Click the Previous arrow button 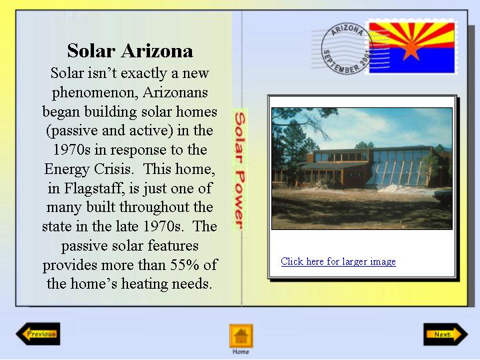pos(38,334)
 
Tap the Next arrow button pos(446,334)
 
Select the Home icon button pos(241,336)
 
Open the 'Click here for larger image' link pos(338,261)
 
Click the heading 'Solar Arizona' pos(130,51)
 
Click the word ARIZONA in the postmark pos(348,30)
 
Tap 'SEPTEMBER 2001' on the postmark pos(347,62)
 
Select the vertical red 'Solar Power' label pos(240,171)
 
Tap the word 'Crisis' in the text pos(114,169)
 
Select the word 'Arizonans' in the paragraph pos(175,92)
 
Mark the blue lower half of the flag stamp pos(412,60)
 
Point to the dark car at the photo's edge pos(443,197)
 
